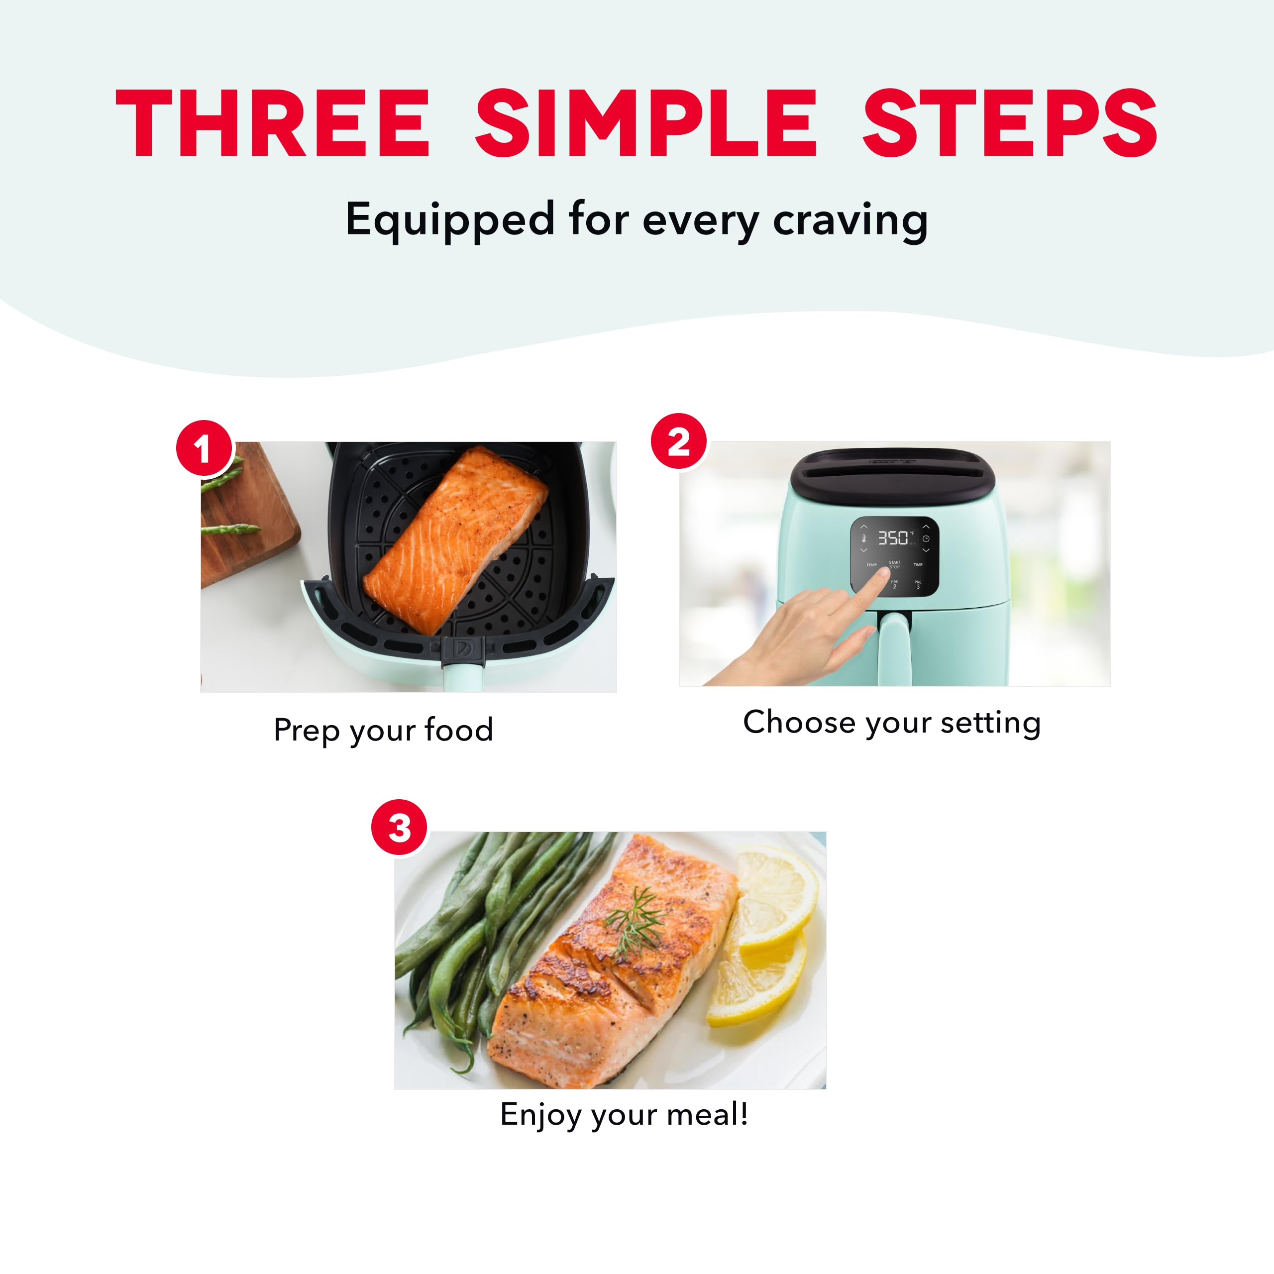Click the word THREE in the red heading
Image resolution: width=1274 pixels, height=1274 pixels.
tap(272, 123)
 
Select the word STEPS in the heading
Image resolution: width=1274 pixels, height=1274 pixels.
tap(1010, 123)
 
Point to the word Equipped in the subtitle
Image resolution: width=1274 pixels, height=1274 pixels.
tap(450, 221)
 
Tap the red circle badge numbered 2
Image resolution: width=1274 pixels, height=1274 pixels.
tap(678, 441)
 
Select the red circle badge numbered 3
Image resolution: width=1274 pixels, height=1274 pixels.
tap(399, 828)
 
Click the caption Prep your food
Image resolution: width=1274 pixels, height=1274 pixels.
tap(383, 730)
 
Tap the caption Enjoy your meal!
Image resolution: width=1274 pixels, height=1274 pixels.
tap(624, 1114)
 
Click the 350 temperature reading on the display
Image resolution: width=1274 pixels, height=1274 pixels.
tap(893, 538)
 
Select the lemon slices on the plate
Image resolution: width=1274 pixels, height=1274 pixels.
tap(768, 937)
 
